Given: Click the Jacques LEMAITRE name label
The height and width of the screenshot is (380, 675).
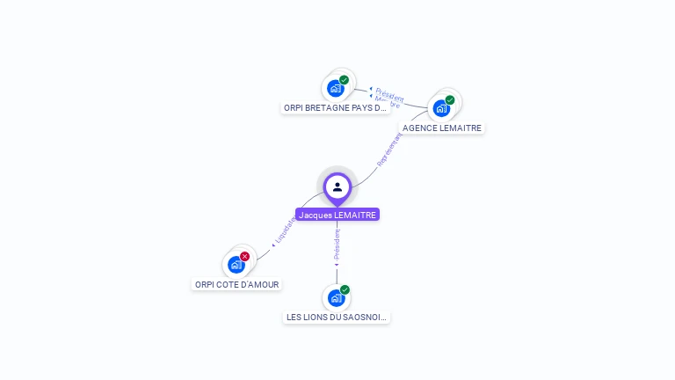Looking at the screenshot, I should [337, 215].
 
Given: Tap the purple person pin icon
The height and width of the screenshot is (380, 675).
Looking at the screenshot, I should [337, 187].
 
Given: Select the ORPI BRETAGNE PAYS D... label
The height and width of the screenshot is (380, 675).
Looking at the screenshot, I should [336, 108].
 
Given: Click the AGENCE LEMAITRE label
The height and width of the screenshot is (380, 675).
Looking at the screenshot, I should [442, 128].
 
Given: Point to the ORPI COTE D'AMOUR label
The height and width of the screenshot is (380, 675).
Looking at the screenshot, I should [236, 284].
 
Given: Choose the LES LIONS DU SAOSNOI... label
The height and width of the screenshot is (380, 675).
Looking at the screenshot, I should [337, 317].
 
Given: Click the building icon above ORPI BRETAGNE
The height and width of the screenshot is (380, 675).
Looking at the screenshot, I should [335, 88].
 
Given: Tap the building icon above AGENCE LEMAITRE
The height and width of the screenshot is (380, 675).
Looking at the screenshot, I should [441, 108].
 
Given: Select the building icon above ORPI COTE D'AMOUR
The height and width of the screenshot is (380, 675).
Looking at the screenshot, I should [236, 264].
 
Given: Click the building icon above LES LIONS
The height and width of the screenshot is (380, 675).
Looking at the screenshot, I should [336, 298].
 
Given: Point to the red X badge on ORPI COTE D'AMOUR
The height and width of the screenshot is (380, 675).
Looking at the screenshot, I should [244, 256].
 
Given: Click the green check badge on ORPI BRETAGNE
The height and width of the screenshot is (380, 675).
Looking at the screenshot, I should [344, 80].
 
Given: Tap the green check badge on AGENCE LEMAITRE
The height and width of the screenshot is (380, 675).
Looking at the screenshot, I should [450, 100].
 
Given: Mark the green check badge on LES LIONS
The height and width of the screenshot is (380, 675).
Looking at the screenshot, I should [345, 289].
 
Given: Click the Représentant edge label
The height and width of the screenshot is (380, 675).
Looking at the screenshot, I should [389, 150].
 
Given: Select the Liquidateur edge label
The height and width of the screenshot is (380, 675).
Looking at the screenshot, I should [282, 230].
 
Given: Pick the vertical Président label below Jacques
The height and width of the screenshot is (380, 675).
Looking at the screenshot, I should [337, 244].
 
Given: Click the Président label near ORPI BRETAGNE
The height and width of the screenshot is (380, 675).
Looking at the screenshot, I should [389, 93].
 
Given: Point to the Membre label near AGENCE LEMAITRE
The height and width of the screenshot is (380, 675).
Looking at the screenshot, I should [387, 102].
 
